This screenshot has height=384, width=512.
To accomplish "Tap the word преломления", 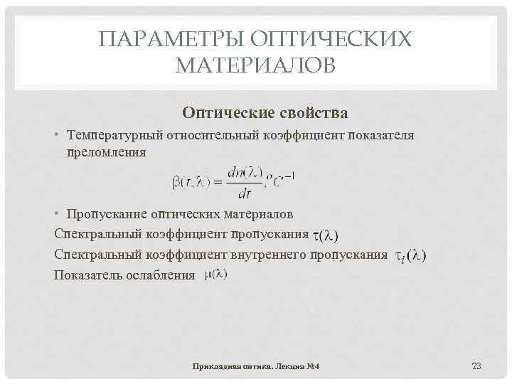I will (106, 151).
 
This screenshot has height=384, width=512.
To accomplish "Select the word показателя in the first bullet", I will (381, 135).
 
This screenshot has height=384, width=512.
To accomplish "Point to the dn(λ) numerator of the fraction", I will (244, 172).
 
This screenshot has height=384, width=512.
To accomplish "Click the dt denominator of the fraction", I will (245, 193).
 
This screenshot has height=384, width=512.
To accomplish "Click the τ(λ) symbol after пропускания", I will (326, 234).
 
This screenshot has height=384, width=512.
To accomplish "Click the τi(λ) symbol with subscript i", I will (411, 255).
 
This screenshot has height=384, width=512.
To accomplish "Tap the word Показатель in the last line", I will (88, 274).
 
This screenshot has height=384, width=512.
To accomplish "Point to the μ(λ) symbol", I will (215, 274).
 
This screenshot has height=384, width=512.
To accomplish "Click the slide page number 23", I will (476, 366).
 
